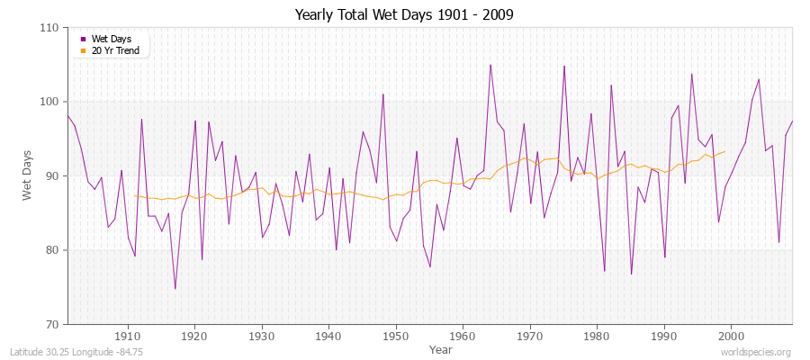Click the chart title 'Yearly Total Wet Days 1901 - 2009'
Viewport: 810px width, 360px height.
coord(404,15)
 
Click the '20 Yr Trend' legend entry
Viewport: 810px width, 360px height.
coord(114,50)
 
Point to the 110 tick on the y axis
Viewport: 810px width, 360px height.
coord(50,28)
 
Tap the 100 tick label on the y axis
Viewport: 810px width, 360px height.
coord(50,102)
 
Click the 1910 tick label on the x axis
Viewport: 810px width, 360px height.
coord(127,335)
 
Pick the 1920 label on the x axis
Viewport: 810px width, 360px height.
coord(194,335)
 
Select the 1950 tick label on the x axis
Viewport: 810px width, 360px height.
coord(395,335)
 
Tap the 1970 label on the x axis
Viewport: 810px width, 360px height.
coord(529,335)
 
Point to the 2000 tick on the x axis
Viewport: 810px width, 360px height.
coord(730,335)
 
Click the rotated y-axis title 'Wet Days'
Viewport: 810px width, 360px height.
coord(29,175)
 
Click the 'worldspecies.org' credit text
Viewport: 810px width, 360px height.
coord(757,352)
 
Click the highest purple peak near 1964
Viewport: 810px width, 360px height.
coord(490,65)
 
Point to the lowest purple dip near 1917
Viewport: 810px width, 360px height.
coord(175,289)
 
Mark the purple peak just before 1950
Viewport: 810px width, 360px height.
coord(383,94)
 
